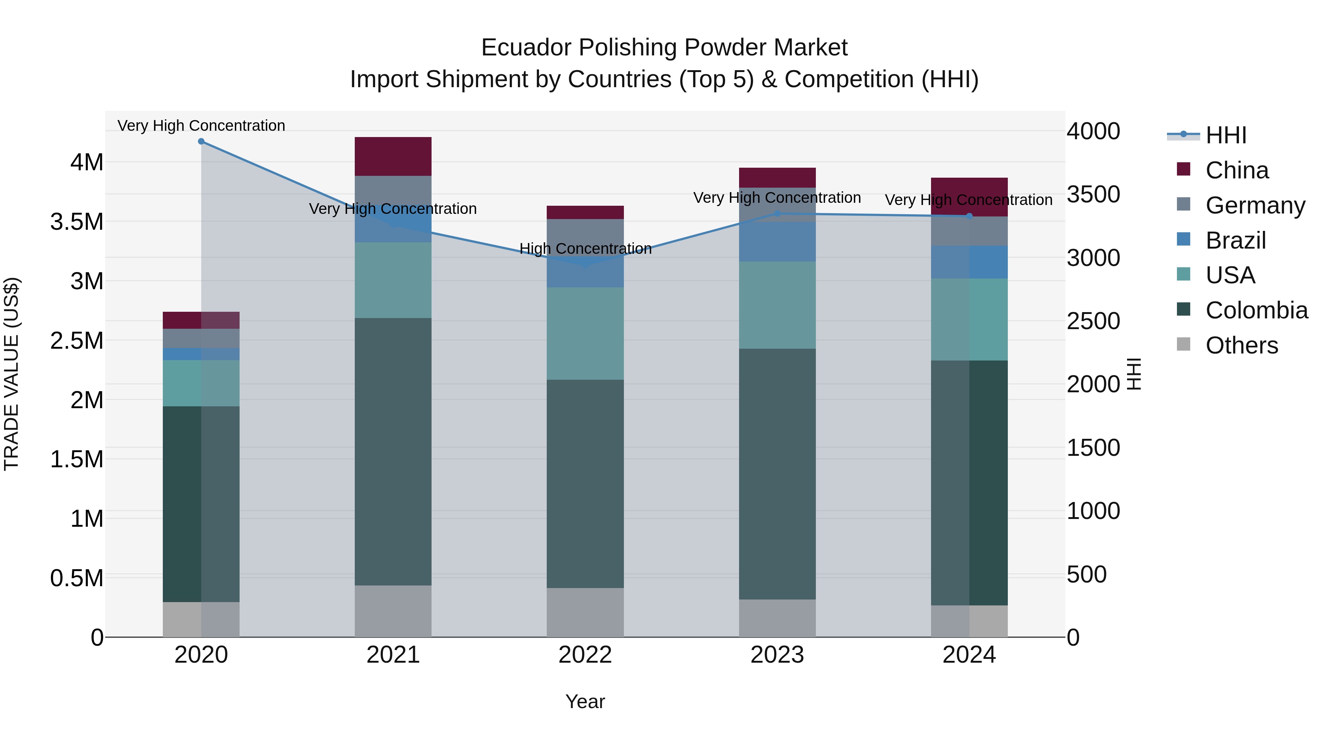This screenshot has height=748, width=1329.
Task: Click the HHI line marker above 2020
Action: click(201, 141)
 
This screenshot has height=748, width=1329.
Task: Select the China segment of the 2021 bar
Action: click(393, 156)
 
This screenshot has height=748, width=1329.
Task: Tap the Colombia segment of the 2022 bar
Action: click(585, 484)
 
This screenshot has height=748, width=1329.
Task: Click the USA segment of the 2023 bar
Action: click(777, 305)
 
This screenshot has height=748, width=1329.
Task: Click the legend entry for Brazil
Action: click(1235, 240)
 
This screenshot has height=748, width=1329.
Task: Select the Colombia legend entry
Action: click(1256, 310)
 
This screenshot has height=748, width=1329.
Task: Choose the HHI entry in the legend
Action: click(1225, 135)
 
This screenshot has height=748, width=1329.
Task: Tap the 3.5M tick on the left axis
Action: click(76, 222)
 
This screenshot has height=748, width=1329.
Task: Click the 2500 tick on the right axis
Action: click(1093, 321)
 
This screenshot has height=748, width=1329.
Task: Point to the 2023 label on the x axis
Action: click(777, 655)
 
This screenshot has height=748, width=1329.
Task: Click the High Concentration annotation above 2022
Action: click(585, 249)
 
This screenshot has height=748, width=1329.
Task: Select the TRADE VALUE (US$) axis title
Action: click(11, 374)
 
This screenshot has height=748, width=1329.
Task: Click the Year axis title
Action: click(585, 701)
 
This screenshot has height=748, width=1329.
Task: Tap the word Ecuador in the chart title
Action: click(525, 48)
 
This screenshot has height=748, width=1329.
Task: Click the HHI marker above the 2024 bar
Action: click(969, 216)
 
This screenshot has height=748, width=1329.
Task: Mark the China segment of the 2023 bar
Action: click(777, 178)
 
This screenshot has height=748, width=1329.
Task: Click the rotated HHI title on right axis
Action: click(1134, 374)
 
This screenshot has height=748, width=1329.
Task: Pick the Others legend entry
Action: click(1241, 345)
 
